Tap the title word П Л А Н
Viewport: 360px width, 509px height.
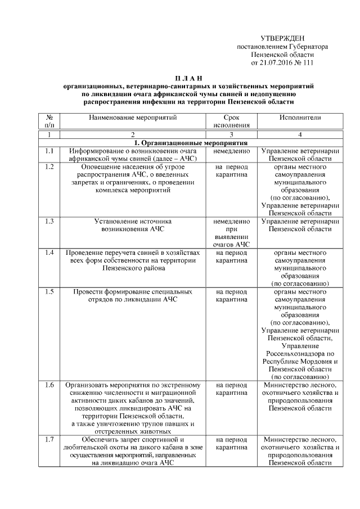point(187,77)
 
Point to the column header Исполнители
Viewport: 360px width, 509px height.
point(300,118)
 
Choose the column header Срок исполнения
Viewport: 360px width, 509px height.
point(231,122)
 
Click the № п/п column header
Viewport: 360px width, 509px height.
point(49,122)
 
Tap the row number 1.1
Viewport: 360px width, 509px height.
point(49,151)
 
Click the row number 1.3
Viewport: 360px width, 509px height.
point(49,222)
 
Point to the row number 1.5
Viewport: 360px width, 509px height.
point(49,292)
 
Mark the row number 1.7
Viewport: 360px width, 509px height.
point(49,439)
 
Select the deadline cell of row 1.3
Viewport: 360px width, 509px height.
point(231,233)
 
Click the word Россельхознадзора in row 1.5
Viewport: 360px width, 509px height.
point(300,354)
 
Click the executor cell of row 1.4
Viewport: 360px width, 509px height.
point(300,268)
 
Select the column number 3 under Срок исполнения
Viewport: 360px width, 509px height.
point(231,135)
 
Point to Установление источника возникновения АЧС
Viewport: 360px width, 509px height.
point(133,226)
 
